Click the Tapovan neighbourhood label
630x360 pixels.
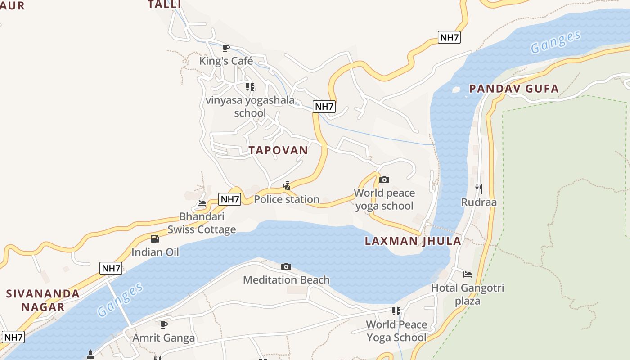pos(279,150)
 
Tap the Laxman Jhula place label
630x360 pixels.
pos(413,241)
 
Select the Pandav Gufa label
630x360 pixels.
pos(514,89)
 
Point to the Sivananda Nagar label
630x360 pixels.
pos(43,300)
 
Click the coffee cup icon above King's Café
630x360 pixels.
pos(226,48)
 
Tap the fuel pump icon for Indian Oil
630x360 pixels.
pos(155,239)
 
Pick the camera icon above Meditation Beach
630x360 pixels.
pos(286,267)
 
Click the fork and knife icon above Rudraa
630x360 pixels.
pos(479,189)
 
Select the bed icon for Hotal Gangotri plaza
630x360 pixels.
pos(468,274)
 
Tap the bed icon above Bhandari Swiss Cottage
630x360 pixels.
pos(202,203)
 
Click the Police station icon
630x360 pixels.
pos(286,185)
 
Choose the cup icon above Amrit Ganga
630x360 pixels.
pos(164,324)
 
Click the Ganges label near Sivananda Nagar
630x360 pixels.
pos(120,299)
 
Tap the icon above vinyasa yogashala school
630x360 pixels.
pos(250,86)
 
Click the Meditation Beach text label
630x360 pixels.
pos(286,280)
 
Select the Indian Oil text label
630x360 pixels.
pos(155,252)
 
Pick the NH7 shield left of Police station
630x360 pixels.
pos(229,199)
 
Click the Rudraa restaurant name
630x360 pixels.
pos(479,202)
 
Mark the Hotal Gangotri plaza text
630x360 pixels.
pos(468,294)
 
